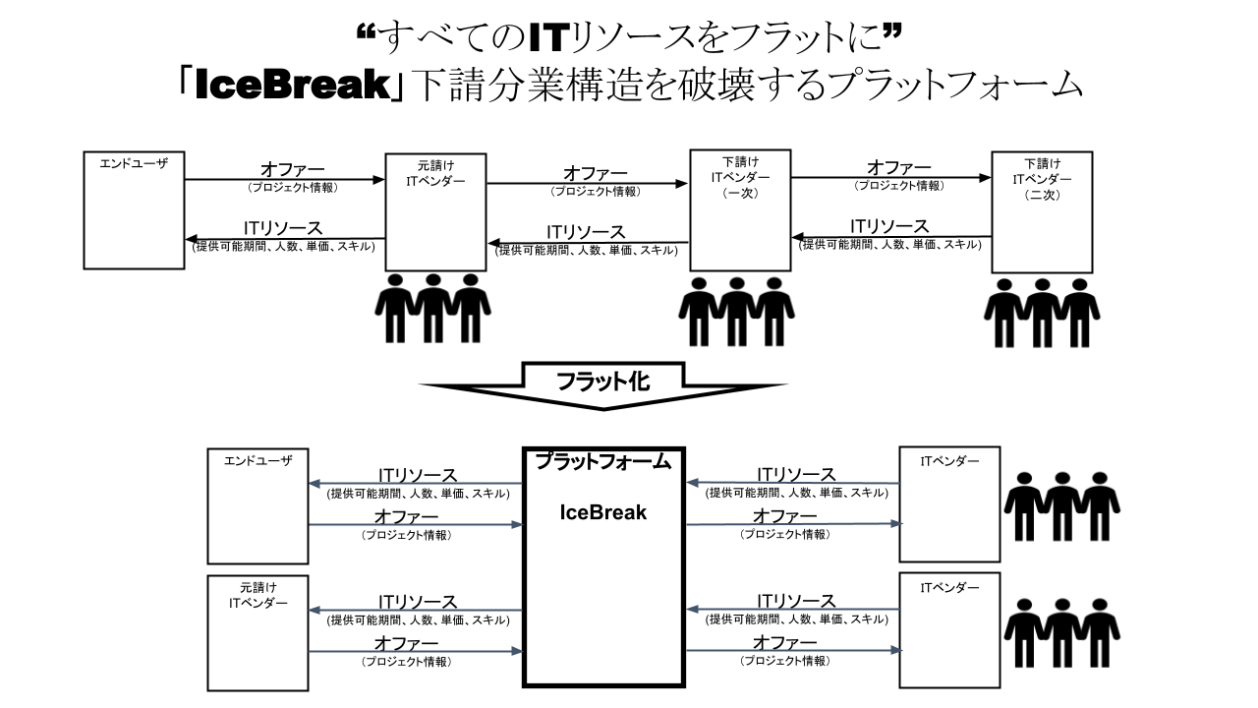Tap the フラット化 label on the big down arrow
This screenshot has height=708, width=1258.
point(602,382)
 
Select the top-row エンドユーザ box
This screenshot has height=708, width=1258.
point(134,210)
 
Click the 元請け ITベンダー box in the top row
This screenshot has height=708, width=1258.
point(435,211)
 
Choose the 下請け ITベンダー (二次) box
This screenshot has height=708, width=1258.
point(1042,211)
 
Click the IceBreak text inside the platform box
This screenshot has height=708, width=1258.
point(602,512)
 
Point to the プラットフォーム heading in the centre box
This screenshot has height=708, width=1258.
point(602,461)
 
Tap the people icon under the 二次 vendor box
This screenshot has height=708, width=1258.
point(1041,313)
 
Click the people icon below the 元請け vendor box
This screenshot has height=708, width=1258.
point(432,308)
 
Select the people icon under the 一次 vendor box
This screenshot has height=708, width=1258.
point(737,311)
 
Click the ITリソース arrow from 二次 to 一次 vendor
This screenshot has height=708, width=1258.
point(890,237)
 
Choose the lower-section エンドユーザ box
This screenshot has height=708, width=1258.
point(257,505)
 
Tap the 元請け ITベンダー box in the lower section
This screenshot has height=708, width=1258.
point(257,633)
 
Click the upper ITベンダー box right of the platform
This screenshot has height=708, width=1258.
point(949,503)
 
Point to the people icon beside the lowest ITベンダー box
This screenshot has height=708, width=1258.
point(1061,632)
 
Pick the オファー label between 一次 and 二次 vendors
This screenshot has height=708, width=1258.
point(897,168)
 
